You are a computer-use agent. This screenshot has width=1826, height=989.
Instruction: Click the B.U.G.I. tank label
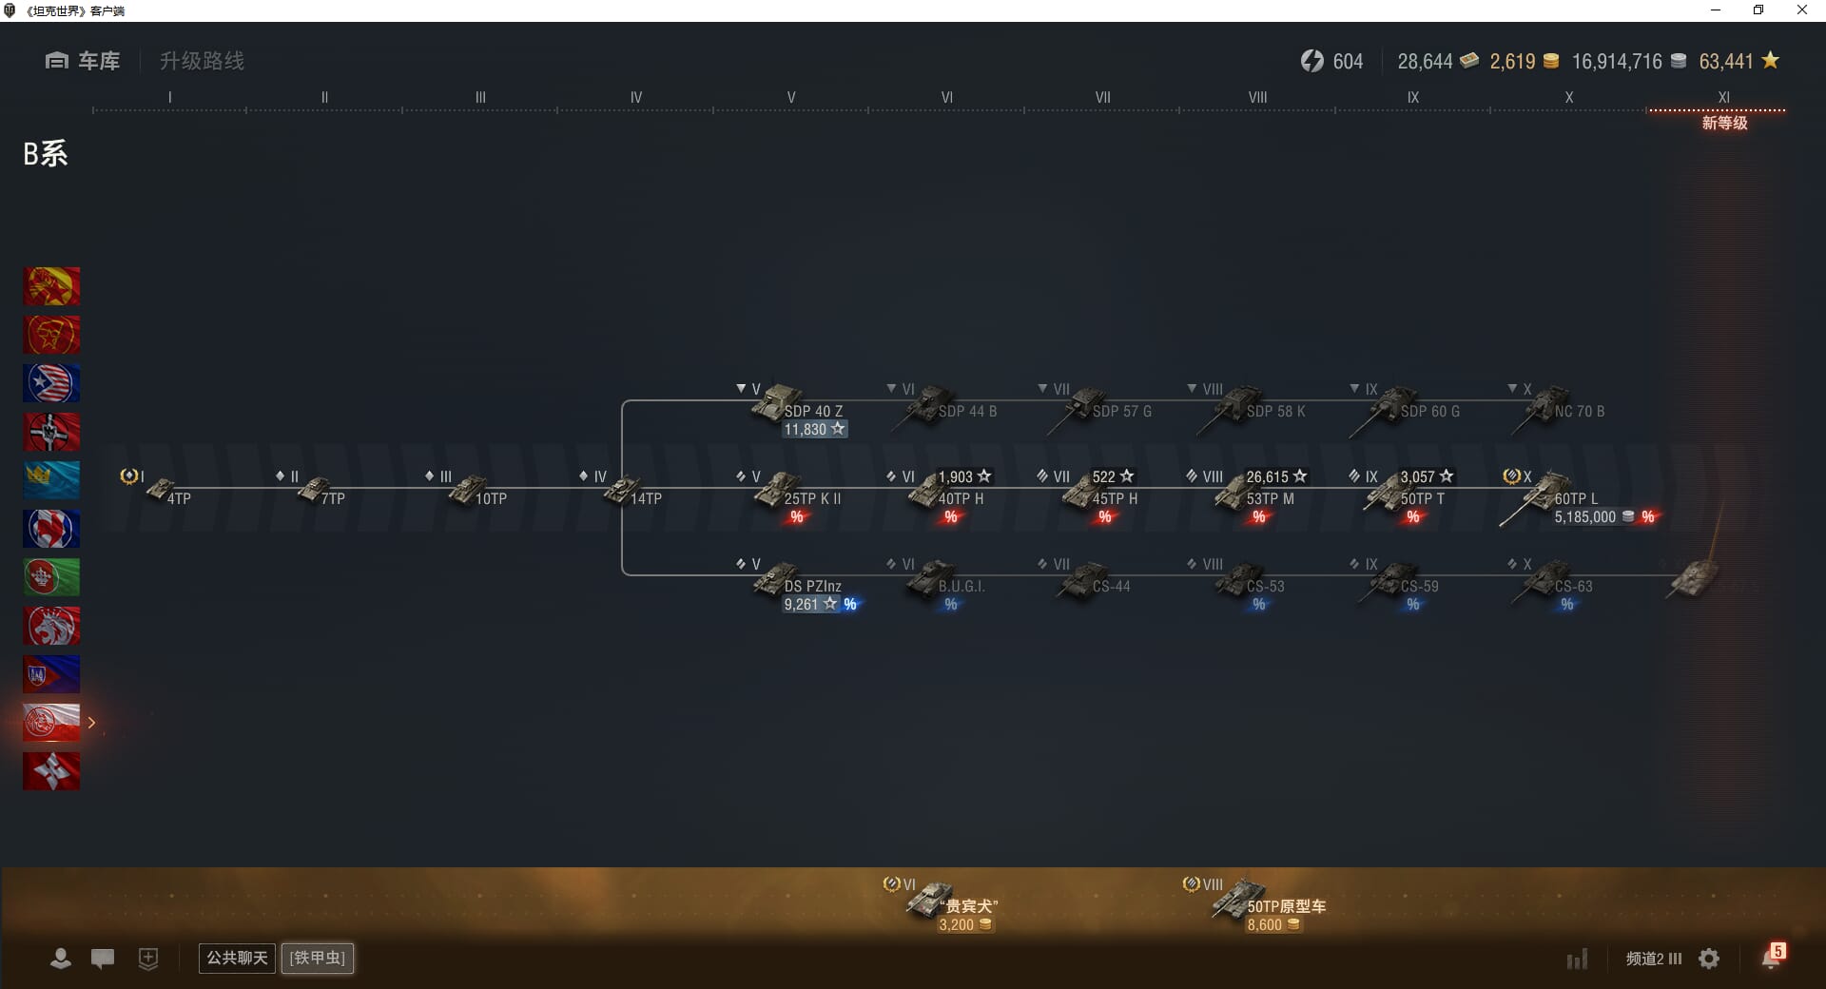961,587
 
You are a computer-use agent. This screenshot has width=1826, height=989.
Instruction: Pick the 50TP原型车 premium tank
1265,902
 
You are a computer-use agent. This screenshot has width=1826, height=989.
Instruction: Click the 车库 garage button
83,61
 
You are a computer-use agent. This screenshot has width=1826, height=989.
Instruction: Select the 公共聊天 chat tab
236,958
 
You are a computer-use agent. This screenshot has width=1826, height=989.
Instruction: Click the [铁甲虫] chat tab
318,958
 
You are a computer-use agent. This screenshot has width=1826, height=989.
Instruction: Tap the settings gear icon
1709,959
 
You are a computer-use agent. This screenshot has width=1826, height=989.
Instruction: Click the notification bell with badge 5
1772,958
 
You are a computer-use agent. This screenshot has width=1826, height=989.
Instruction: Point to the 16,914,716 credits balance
1617,62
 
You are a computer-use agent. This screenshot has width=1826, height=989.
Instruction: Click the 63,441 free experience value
1725,62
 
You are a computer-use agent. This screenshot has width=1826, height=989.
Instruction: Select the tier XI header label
1723,98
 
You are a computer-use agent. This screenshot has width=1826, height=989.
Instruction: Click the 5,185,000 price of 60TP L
1584,517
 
